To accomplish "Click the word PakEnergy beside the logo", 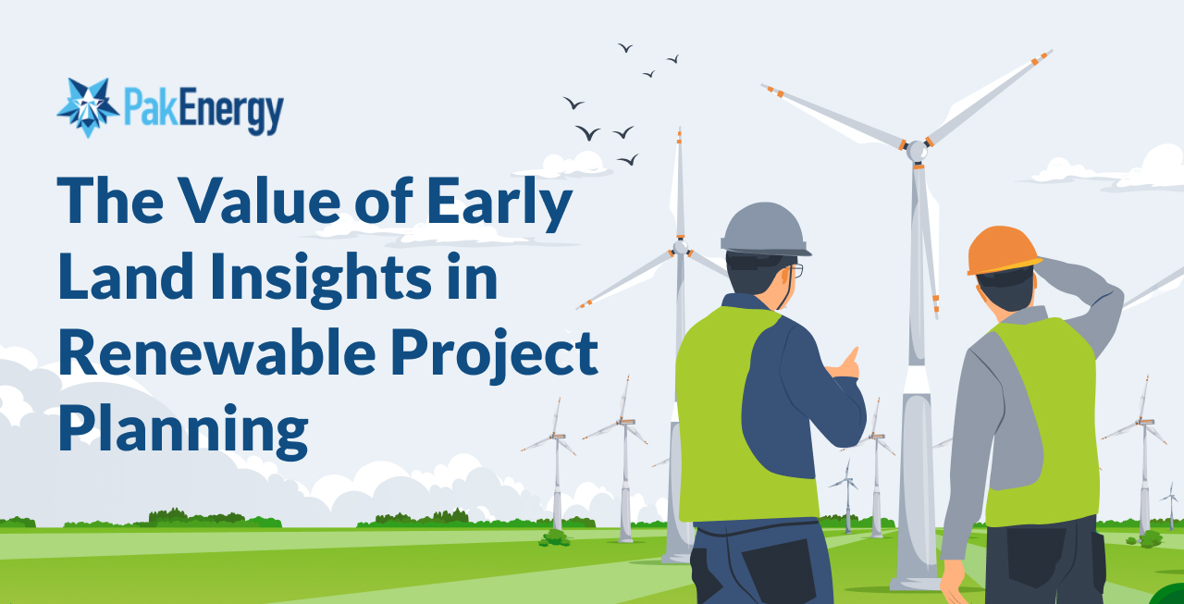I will tap(202, 109).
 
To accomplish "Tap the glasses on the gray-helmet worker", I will tap(796, 270).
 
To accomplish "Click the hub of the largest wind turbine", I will tap(916, 150).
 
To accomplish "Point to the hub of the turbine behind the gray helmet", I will tap(680, 247).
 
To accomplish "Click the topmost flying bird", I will tap(625, 47).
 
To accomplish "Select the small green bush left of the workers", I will tap(555, 536).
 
